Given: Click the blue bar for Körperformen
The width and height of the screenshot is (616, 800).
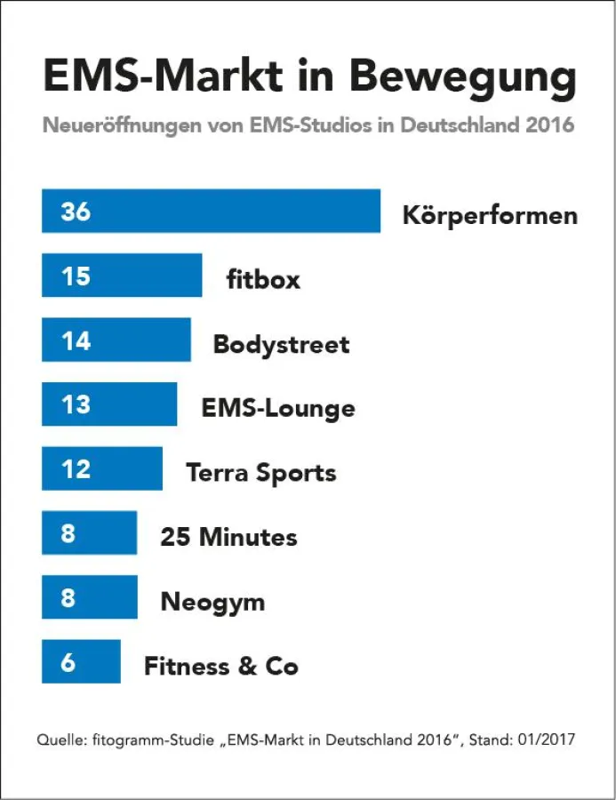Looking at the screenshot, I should pyautogui.click(x=211, y=212).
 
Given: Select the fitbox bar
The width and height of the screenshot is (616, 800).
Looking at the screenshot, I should pyautogui.click(x=122, y=276).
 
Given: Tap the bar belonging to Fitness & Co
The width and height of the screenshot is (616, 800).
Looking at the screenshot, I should pyautogui.click(x=81, y=662).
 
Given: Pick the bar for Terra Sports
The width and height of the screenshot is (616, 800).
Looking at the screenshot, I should pyautogui.click(x=102, y=468).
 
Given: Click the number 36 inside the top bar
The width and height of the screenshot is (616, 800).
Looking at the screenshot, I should pyautogui.click(x=76, y=212).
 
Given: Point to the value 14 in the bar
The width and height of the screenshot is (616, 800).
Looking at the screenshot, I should pyautogui.click(x=76, y=340).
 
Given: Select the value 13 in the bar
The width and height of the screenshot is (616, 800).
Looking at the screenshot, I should pyautogui.click(x=76, y=404).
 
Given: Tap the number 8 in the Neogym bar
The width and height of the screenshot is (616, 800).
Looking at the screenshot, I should pyautogui.click(x=68, y=598).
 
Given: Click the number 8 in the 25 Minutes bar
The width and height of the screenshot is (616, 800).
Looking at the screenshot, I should pyautogui.click(x=68, y=534).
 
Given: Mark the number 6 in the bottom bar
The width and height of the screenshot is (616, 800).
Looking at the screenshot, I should pyautogui.click(x=68, y=663).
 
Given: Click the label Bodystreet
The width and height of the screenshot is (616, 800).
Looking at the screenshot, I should pyautogui.click(x=281, y=345).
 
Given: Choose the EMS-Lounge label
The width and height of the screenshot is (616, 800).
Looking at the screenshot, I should pyautogui.click(x=278, y=409).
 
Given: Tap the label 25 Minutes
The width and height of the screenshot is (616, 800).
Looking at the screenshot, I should pyautogui.click(x=228, y=537).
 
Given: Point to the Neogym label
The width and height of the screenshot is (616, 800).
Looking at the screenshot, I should pyautogui.click(x=212, y=602).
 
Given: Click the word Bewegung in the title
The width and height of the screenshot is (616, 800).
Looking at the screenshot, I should pyautogui.click(x=462, y=78).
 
